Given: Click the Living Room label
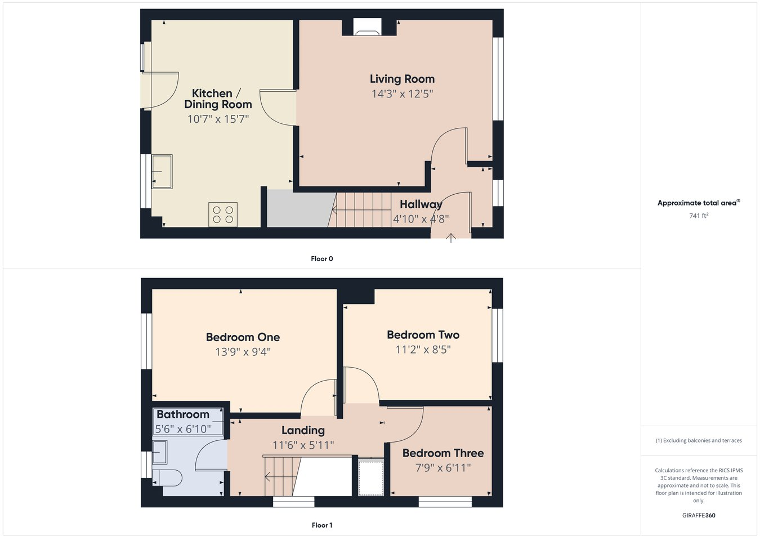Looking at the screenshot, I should coord(402,79).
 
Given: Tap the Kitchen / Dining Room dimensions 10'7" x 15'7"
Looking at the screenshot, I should coord(218,119).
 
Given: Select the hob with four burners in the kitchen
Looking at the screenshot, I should coord(223,215).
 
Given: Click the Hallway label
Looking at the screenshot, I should coord(421,204).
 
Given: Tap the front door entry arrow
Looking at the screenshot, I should coord(451,238).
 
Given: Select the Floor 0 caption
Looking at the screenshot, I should coord(322,259).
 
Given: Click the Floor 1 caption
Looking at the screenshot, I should coord(322,525).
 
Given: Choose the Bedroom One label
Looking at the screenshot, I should coord(243,337).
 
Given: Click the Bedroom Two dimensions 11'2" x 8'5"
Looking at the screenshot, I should coord(423,350).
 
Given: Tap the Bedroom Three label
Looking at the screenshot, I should coord(443,453).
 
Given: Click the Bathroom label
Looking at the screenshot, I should coord(183,414).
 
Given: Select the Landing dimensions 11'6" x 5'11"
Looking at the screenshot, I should coord(303,445).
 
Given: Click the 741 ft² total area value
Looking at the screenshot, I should coord(698,216).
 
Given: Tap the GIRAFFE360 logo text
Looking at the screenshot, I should coord(699,515).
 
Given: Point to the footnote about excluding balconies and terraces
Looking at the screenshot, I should coord(699,440).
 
